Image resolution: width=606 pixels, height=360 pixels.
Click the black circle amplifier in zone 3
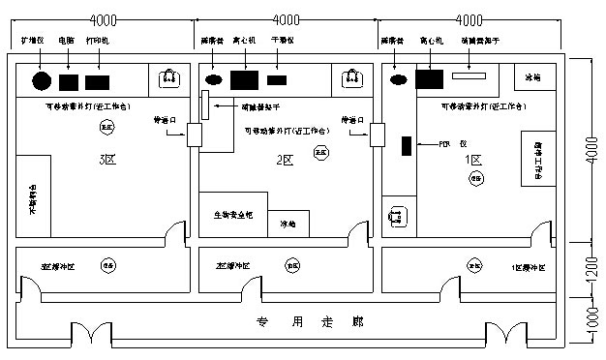[42, 81]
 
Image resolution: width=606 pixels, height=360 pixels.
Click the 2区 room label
[284, 160]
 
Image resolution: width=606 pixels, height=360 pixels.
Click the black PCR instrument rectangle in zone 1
[407, 147]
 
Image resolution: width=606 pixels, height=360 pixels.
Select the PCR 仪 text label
[445, 144]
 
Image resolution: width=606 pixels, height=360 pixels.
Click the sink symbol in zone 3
[170, 77]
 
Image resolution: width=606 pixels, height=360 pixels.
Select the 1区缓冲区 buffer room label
[528, 265]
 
